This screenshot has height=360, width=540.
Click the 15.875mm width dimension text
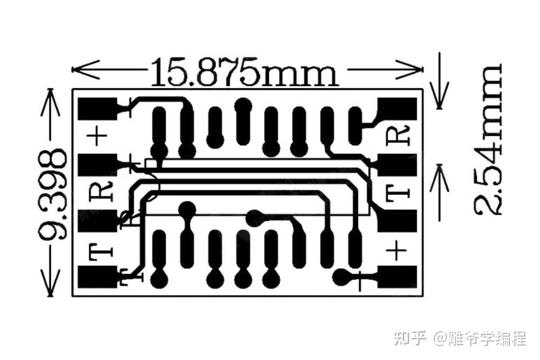pos(245,72)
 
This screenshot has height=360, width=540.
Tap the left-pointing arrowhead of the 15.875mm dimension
pos(85,69)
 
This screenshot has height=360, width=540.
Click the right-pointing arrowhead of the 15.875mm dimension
pos(409,69)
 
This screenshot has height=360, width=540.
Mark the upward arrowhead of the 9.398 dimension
pos(50,102)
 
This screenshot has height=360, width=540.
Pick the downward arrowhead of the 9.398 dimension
pos(50,283)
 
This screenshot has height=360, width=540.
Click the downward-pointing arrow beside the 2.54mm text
pos(440,81)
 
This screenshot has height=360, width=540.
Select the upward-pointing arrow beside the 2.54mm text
pos(440,193)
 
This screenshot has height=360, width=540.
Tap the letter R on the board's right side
pos(398,135)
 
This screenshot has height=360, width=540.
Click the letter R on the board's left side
pos(101,192)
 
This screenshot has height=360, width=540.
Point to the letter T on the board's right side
pos(398,193)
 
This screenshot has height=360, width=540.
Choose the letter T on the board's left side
pos(101,252)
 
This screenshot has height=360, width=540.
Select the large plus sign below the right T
pos(396,250)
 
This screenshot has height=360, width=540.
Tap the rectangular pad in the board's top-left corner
pos(97,109)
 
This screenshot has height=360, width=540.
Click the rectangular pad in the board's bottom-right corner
pos(397,277)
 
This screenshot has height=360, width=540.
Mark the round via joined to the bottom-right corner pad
pos(342,277)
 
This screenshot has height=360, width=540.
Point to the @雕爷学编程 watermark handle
pos(480,338)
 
